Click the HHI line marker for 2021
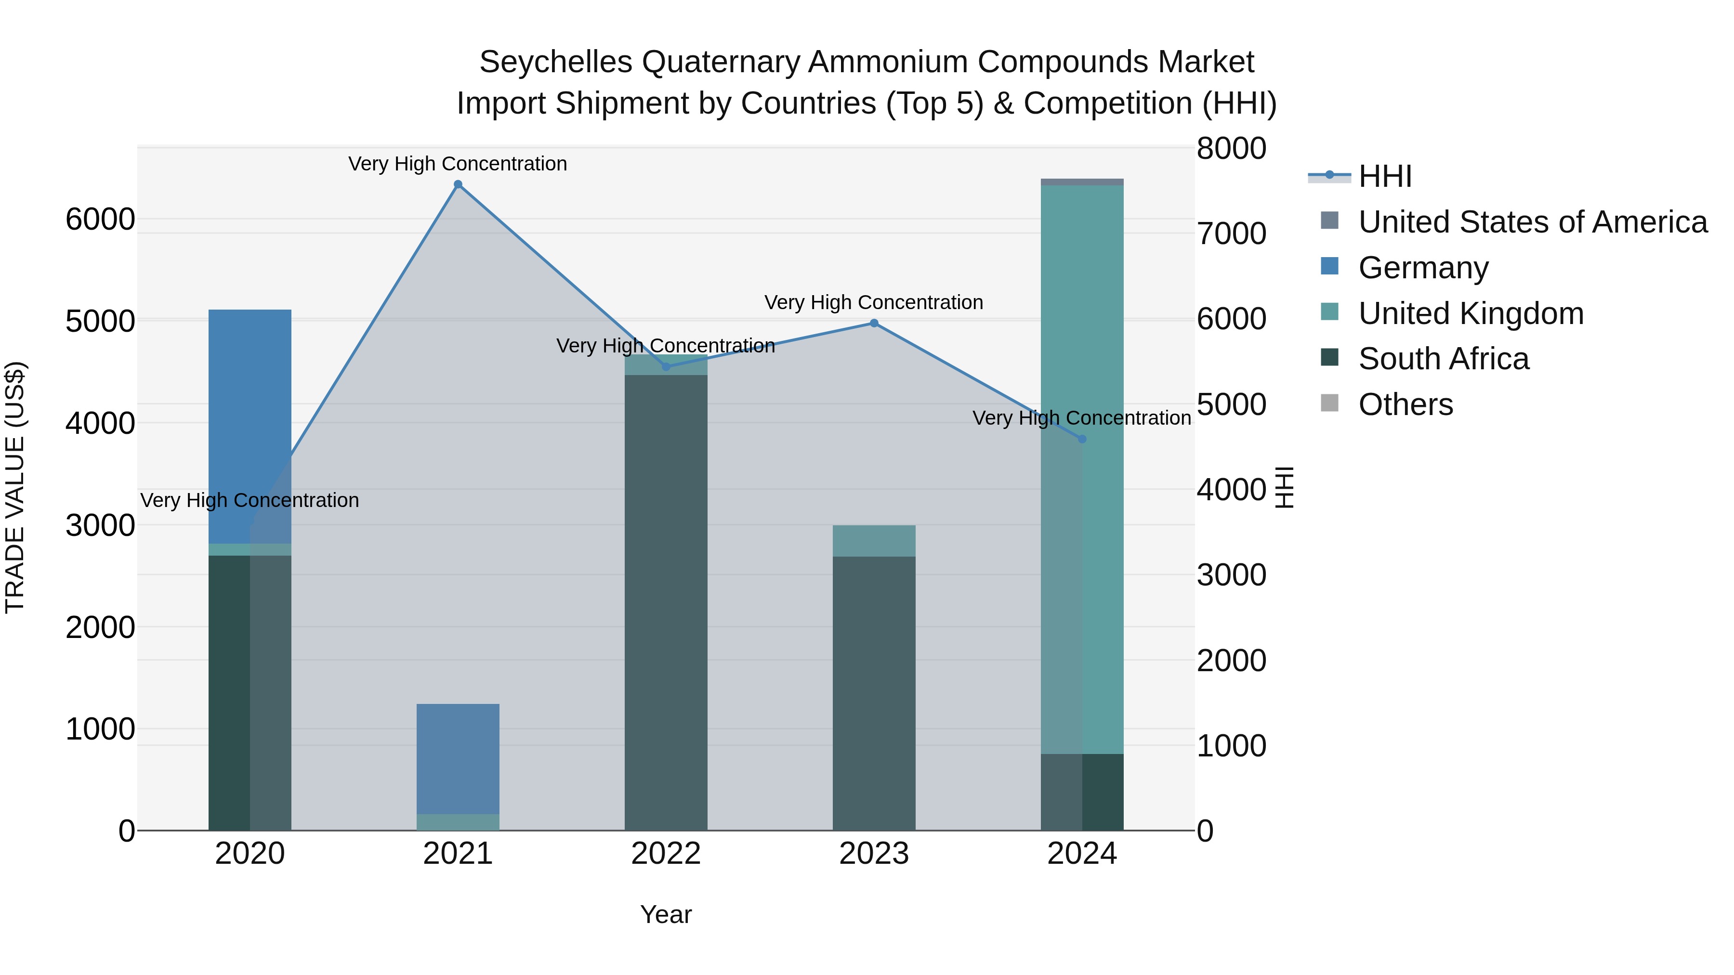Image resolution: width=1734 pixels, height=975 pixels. [458, 184]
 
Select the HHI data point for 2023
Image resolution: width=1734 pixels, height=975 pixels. [874, 323]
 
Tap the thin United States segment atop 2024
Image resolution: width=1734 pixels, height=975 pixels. [1082, 182]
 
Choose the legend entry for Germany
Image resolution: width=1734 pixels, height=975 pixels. [1422, 268]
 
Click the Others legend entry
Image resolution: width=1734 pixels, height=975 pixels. [1405, 405]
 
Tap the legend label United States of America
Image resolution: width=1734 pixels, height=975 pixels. [1532, 222]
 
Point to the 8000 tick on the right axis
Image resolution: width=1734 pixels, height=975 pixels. [1231, 149]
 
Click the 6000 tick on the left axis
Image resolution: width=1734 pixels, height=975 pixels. [100, 220]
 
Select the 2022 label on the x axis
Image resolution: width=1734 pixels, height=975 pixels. [666, 854]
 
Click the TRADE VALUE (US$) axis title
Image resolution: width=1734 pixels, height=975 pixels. [15, 487]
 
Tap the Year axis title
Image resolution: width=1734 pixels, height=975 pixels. [666, 914]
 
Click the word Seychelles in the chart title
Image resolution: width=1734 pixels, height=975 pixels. [555, 63]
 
